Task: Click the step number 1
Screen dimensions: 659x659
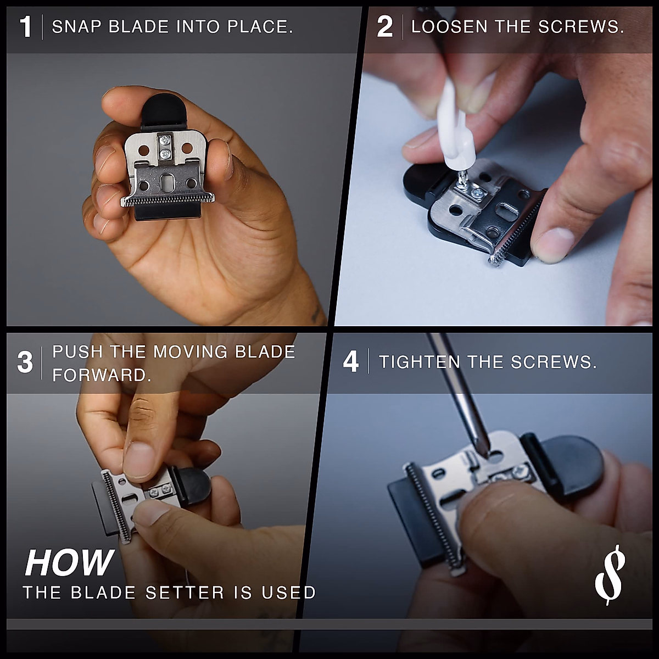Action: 26,27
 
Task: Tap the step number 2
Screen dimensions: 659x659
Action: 384,27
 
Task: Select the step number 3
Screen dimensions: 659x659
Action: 25,364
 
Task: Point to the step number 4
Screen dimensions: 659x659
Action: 350,362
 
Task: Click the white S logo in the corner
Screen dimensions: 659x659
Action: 610,574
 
